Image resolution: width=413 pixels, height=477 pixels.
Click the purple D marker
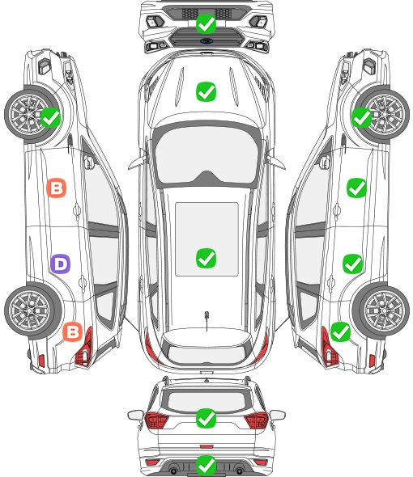coord(61,264)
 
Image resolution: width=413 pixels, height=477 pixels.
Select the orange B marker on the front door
coord(57,188)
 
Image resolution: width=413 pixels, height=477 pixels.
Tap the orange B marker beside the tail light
coord(73,331)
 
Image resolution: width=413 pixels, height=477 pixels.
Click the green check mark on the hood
coord(206,91)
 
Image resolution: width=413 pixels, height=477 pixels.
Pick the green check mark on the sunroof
coord(206,258)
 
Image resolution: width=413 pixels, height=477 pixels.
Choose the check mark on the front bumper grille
coord(206,23)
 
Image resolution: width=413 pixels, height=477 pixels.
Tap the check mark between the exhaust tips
coord(206,465)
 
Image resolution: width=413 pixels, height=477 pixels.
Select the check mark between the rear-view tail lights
coord(206,418)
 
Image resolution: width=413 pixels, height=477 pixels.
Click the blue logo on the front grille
coord(206,40)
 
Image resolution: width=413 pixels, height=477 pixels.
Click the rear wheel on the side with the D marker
coord(32,311)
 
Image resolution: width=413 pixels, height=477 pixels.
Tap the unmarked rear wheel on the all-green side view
coord(382,310)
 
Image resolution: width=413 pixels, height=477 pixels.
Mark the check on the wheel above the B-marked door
coord(50,118)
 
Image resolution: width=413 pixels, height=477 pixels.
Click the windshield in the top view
coord(206,155)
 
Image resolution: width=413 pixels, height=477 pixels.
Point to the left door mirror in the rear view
coord(135,415)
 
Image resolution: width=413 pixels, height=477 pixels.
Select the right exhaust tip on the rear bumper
coord(239,471)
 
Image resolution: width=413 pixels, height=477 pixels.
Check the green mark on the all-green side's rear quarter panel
coord(340,331)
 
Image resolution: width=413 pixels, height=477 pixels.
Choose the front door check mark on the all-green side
coord(356,188)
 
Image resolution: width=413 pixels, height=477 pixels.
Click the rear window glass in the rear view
coord(206,401)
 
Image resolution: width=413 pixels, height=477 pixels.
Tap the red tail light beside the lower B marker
coord(85,348)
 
